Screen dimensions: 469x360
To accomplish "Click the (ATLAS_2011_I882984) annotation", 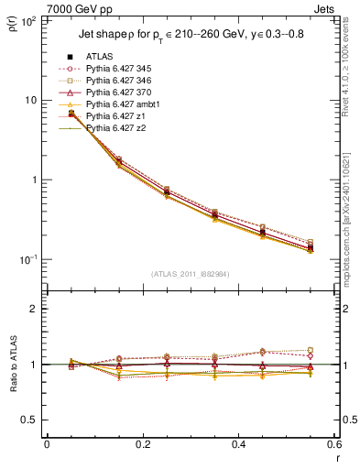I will click(189, 274).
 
